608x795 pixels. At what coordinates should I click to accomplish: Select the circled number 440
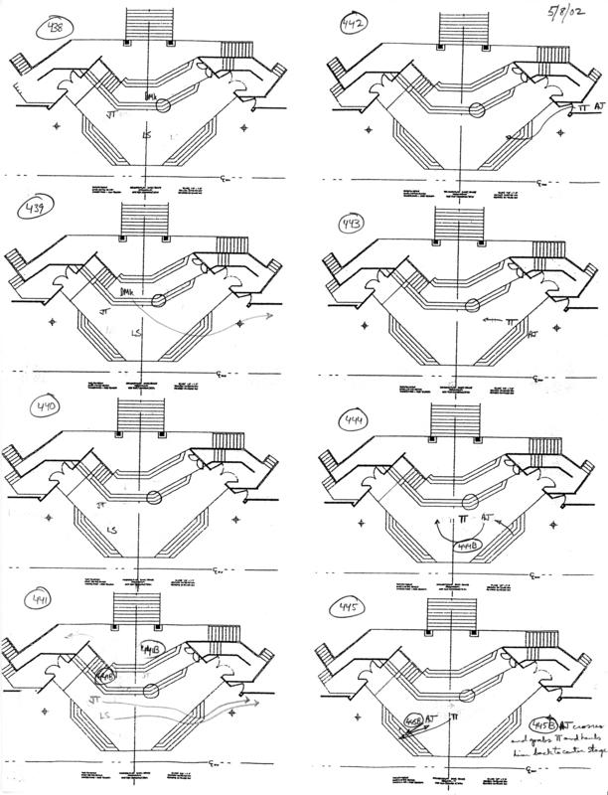tap(48, 407)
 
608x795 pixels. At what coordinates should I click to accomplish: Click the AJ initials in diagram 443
tap(533, 333)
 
